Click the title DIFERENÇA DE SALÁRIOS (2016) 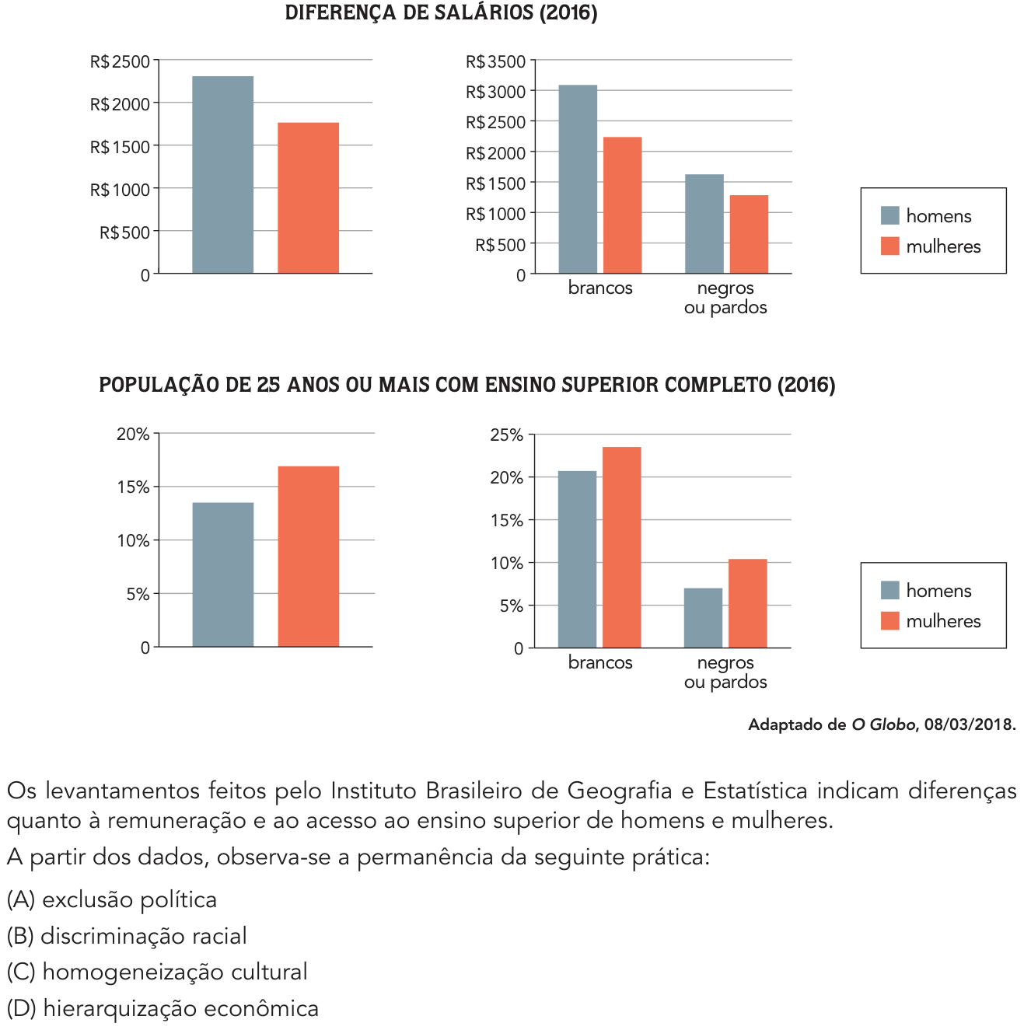coord(441,13)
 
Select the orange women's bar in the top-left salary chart coord(308,197)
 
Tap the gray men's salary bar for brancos coord(578,179)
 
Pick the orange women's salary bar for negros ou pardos coord(749,234)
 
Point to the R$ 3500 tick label coord(496,61)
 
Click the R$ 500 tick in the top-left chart coord(124,232)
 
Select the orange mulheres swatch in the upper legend coord(889,246)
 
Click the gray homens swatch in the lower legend coord(889,590)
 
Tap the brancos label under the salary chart coord(600,288)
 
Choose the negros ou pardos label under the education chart coord(725,672)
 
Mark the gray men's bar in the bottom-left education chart coord(223,574)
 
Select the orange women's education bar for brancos coord(622,547)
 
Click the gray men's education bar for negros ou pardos coord(703,618)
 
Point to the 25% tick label coord(506,435)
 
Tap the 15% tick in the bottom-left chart coord(133,487)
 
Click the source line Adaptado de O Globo coord(882,724)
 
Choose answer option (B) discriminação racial coord(127,936)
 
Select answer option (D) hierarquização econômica coord(163,1008)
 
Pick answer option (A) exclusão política coord(112,899)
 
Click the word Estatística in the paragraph coord(755,791)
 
